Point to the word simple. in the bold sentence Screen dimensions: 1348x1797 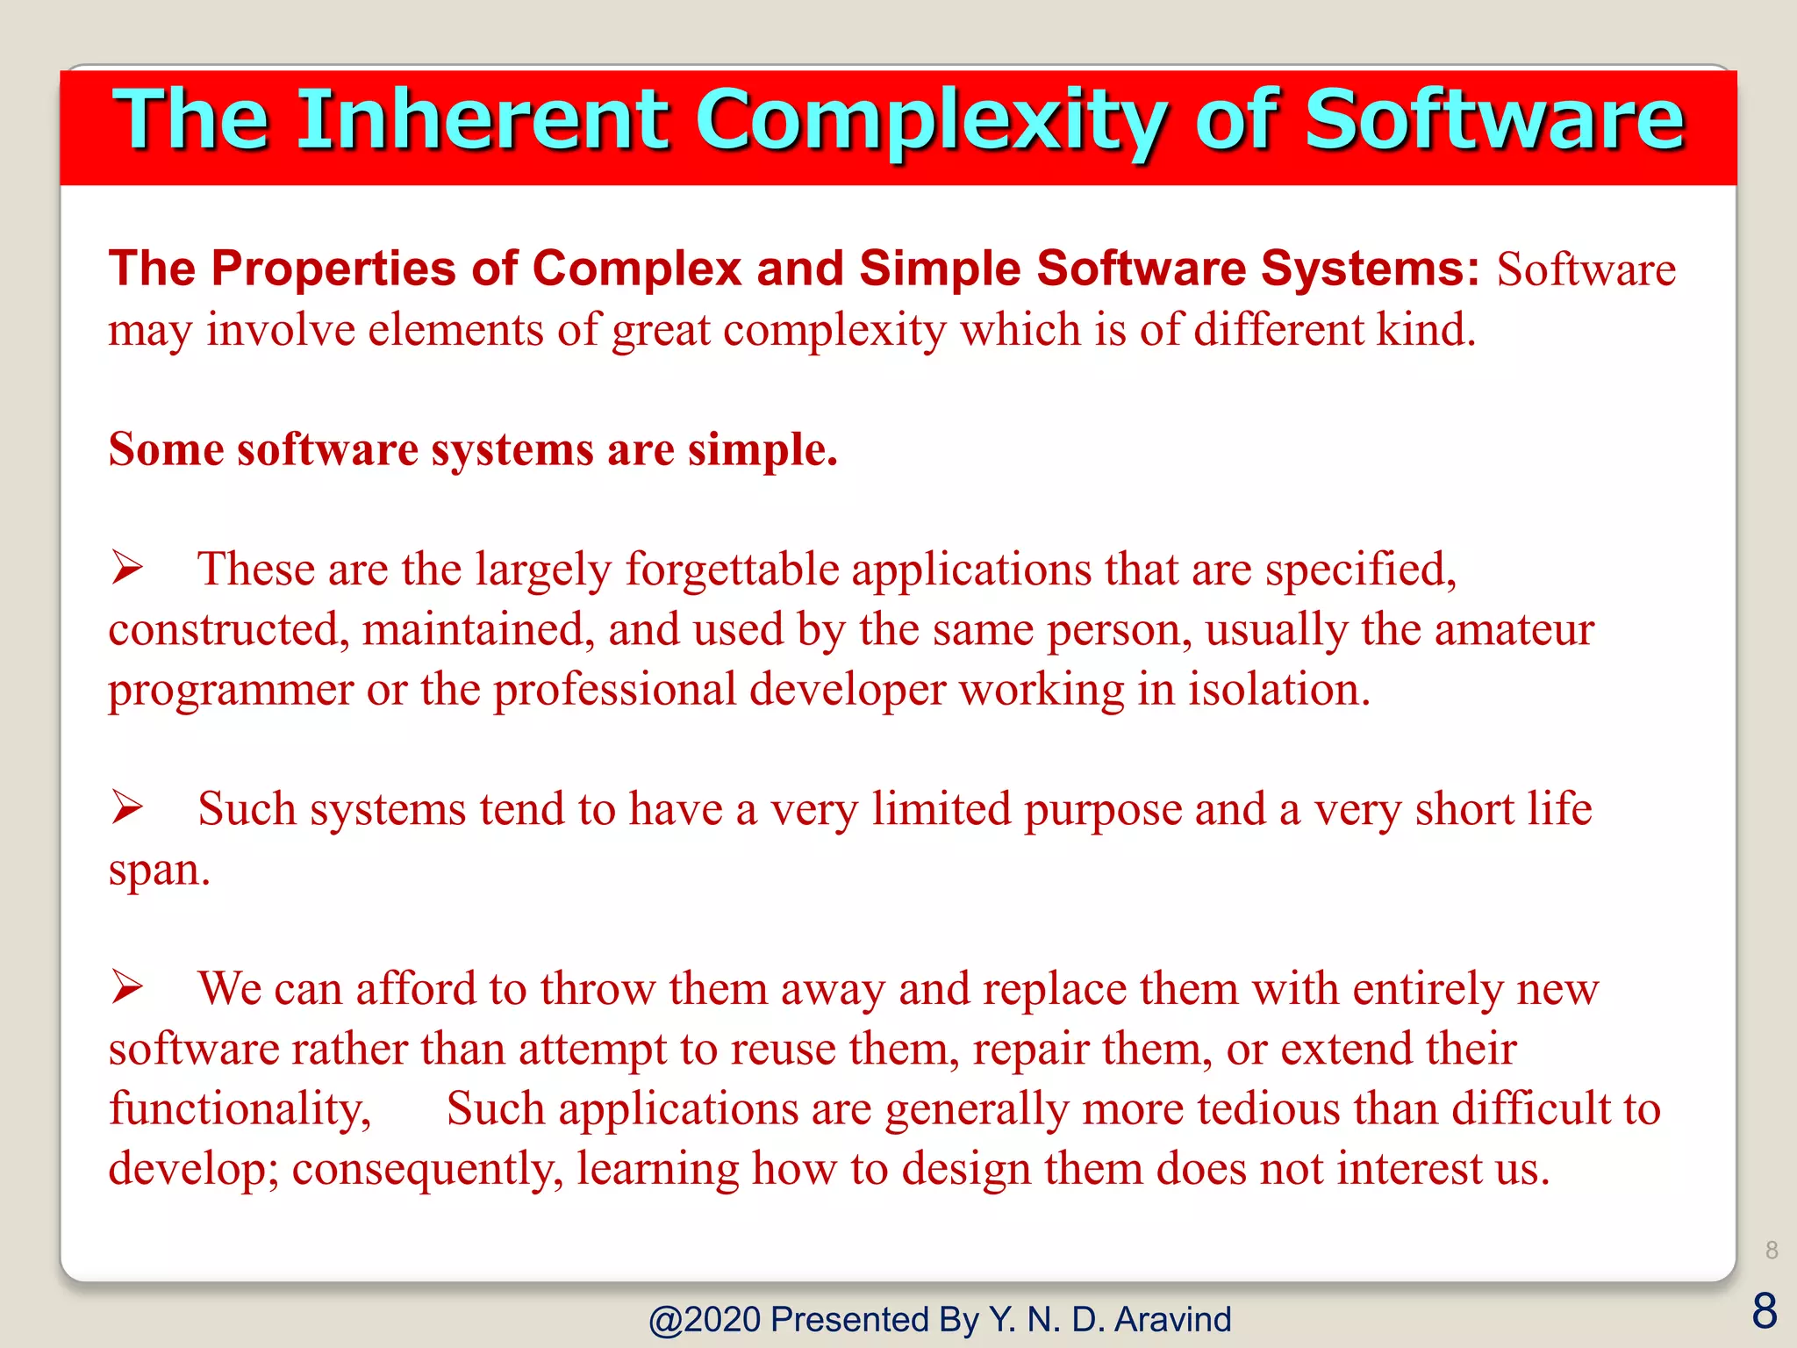pos(762,449)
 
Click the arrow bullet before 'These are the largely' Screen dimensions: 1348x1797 pos(128,568)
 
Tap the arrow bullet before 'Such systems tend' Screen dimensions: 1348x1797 pos(128,807)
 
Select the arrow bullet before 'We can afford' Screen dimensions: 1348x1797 pos(128,987)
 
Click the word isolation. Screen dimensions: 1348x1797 pos(1278,690)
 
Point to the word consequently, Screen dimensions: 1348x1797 pos(427,1170)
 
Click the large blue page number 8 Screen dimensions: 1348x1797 pos(1765,1311)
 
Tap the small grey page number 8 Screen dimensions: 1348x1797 pos(1772,1250)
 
